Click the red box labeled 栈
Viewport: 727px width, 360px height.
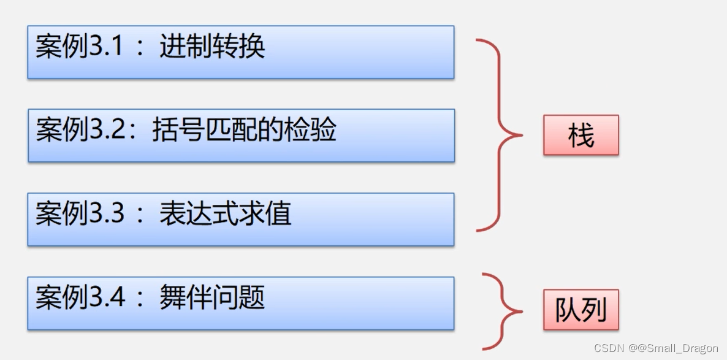click(x=580, y=135)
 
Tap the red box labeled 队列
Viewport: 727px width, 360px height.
click(x=580, y=310)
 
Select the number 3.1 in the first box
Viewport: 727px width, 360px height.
click(x=107, y=47)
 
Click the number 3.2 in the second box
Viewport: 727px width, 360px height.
click(x=107, y=131)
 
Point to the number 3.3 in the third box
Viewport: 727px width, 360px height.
click(x=107, y=214)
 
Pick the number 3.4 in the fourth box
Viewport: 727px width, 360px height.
click(x=107, y=298)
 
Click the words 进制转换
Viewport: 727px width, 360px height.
click(x=212, y=47)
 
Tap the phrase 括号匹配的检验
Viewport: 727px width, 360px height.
click(x=244, y=131)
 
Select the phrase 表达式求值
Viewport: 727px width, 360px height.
click(x=225, y=214)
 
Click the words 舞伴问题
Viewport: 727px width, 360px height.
click(x=212, y=298)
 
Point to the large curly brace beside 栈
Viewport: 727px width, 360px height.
click(x=500, y=135)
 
